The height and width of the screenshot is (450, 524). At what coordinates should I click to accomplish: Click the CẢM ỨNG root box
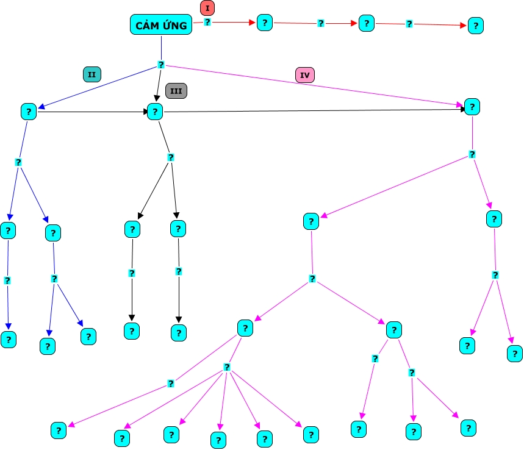[161, 24]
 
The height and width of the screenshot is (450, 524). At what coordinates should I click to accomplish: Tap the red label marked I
[207, 8]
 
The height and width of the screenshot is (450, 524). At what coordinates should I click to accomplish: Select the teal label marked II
[92, 74]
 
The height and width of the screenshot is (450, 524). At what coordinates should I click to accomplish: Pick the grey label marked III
[176, 91]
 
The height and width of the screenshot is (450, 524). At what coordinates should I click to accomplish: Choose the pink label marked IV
[305, 75]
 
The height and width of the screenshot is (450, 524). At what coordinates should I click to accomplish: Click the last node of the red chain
[475, 26]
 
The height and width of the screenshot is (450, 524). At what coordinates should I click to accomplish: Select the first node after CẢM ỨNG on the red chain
[264, 23]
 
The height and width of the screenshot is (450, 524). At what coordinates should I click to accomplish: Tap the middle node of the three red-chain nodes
[366, 23]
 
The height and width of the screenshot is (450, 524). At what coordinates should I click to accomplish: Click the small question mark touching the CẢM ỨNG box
[207, 22]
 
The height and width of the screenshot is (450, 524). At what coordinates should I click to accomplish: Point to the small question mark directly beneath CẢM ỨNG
[161, 65]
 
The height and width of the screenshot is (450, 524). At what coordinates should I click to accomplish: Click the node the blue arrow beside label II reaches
[28, 111]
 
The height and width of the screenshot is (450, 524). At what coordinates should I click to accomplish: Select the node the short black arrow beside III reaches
[155, 111]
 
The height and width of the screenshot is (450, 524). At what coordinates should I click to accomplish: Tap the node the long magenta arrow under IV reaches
[472, 107]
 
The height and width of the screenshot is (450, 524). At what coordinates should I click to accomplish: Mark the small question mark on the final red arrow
[409, 24]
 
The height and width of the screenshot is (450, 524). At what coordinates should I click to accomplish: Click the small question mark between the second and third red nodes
[321, 23]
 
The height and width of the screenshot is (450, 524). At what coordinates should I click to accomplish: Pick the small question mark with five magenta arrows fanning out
[226, 367]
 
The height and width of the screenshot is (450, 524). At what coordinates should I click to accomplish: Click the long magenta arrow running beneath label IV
[317, 86]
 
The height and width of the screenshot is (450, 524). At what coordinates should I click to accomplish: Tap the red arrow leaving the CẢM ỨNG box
[232, 22]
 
